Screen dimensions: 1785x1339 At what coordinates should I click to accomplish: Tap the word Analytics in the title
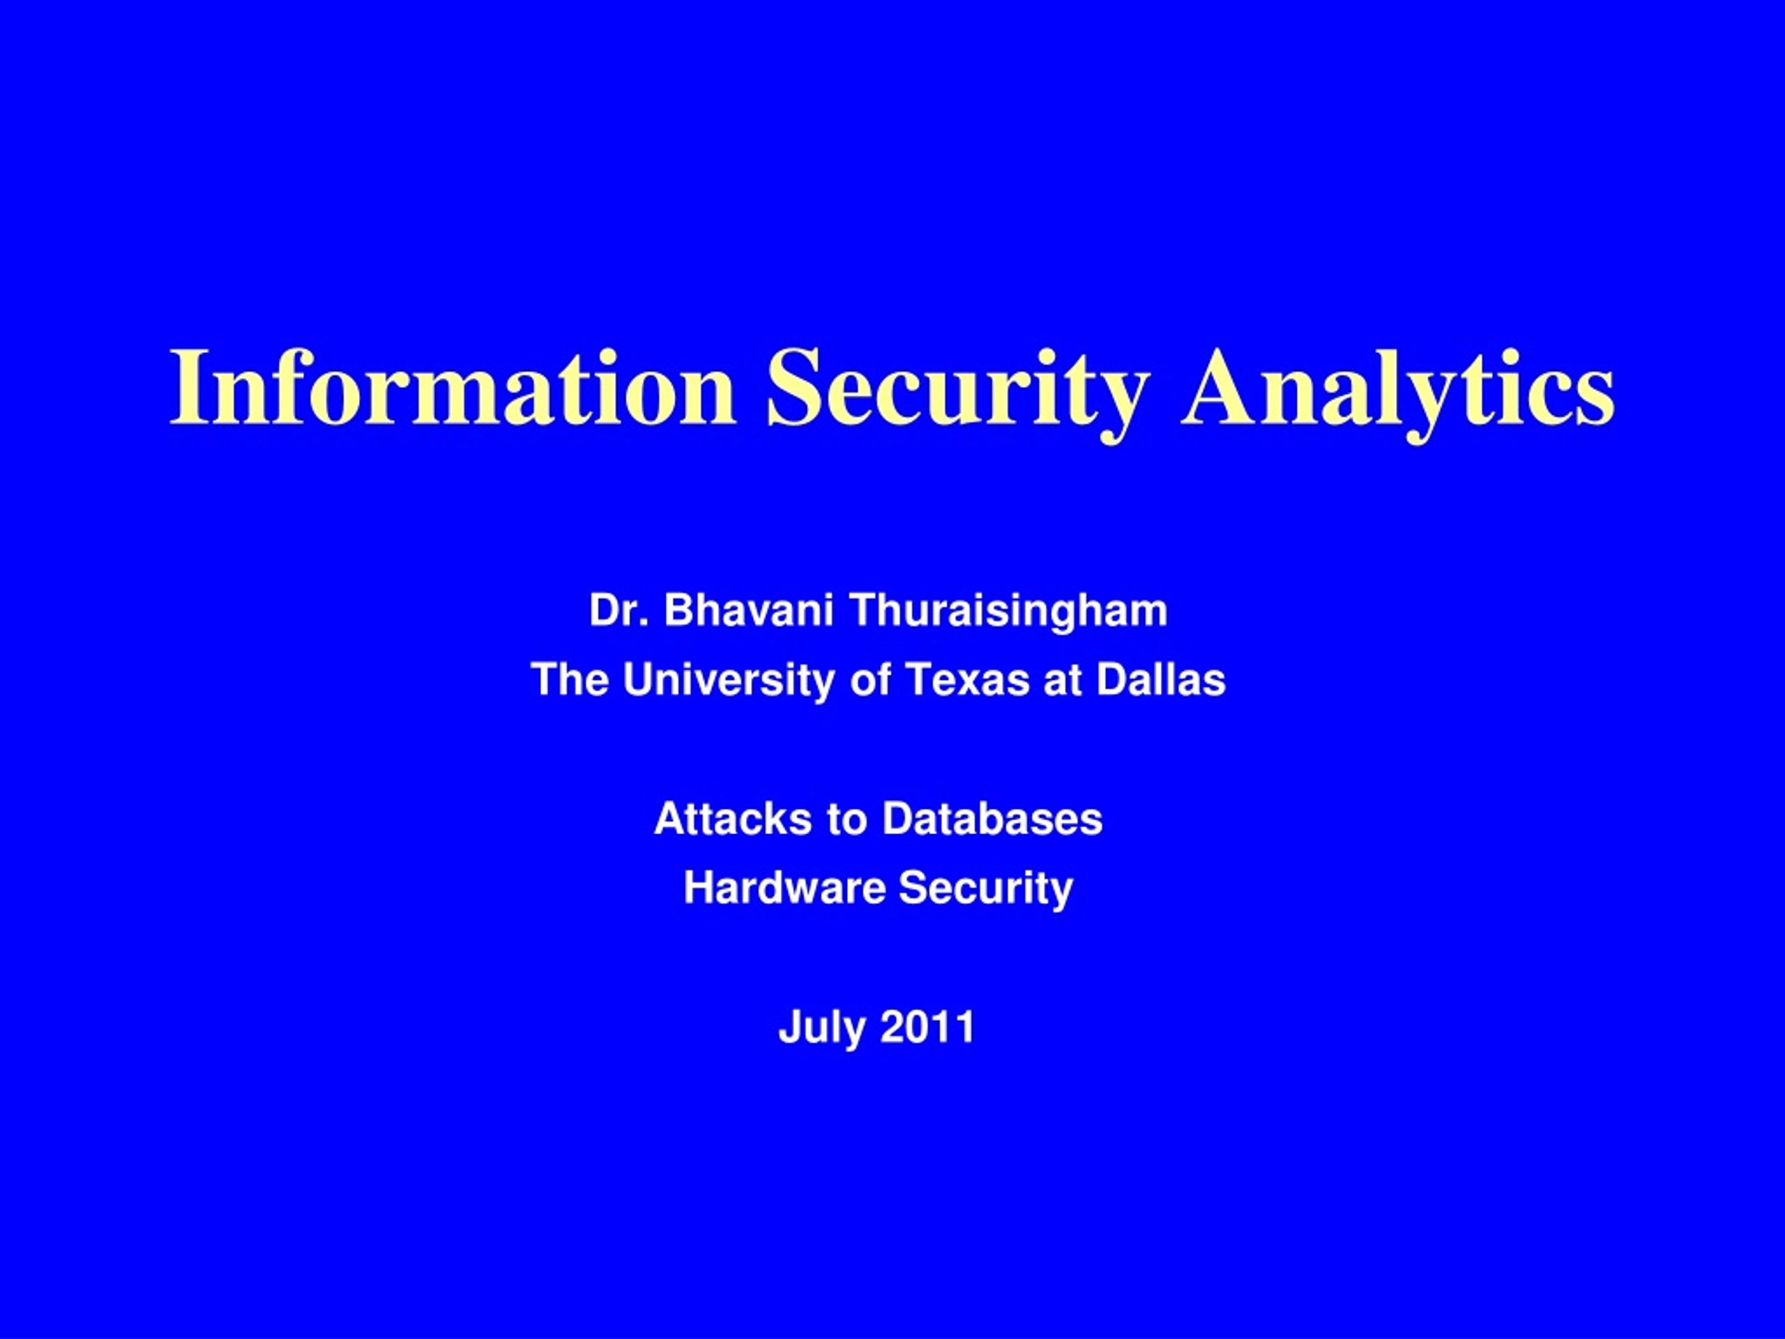point(1397,396)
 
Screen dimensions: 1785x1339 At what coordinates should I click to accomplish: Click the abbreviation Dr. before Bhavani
point(620,610)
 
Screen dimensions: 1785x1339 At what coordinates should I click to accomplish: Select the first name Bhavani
point(749,610)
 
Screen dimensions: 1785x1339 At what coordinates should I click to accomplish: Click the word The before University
point(570,679)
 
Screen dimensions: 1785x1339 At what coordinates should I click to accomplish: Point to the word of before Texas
point(871,679)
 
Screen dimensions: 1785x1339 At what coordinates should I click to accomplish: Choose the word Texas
point(968,679)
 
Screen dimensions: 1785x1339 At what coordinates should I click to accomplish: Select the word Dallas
point(1161,679)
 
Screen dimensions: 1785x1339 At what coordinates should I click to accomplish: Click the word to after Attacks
point(846,821)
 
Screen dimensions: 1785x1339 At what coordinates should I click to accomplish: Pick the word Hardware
point(785,888)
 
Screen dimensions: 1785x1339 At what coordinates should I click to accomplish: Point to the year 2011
point(927,1027)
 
